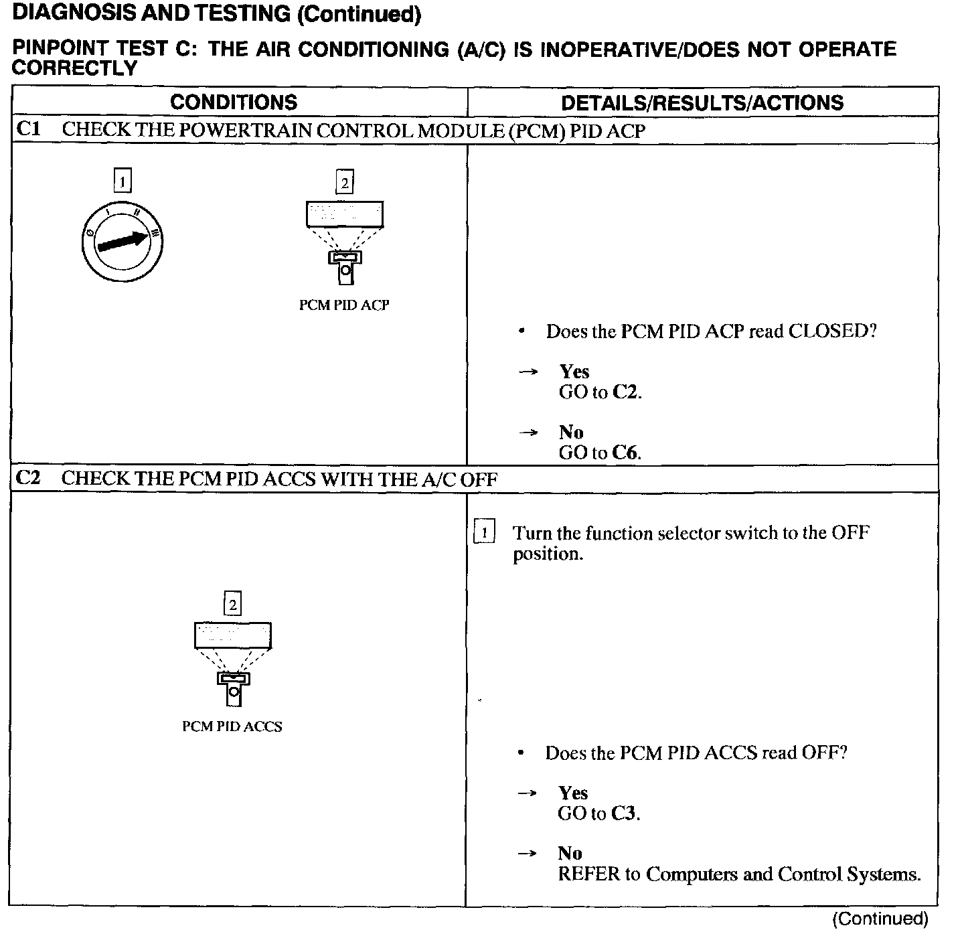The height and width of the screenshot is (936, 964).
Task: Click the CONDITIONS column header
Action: point(234,102)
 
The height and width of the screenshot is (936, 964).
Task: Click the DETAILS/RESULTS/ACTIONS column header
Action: point(702,102)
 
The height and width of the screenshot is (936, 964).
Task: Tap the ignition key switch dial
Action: point(122,242)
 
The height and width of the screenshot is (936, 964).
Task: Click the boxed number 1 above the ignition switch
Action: point(122,181)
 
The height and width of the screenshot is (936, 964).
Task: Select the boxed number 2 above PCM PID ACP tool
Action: point(344,182)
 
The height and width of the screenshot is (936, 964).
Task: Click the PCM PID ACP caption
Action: point(344,305)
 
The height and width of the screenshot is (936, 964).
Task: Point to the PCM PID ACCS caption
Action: point(232,726)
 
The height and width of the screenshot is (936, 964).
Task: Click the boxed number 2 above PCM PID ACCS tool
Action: point(232,605)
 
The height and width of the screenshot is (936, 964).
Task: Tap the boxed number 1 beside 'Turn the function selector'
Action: point(483,533)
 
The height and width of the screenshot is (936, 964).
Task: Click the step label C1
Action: point(28,129)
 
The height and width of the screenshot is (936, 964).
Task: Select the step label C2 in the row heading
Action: point(28,478)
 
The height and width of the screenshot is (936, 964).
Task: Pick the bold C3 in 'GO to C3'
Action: point(624,813)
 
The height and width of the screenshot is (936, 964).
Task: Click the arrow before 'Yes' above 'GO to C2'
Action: point(529,372)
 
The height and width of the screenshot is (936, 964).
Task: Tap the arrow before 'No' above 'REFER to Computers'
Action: point(528,854)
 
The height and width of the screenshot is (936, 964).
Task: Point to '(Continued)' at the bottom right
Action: point(880,919)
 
